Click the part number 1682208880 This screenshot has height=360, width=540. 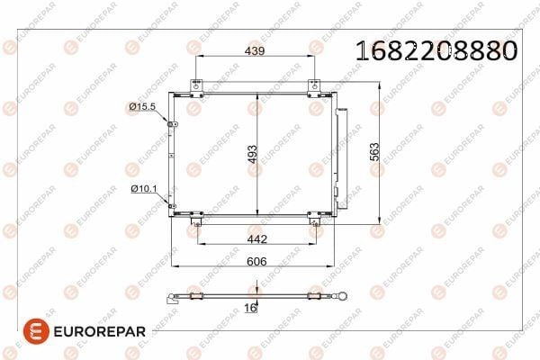436,51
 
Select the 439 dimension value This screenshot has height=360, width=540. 255,51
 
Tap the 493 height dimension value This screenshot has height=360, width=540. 252,154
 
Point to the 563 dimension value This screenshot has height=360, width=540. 374,152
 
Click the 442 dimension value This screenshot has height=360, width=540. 257,238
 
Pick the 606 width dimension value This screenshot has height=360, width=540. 256,262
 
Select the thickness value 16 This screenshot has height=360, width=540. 250,308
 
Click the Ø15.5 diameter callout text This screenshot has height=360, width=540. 142,106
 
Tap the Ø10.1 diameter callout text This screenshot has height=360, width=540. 144,188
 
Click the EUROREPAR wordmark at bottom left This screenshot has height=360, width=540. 100,332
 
